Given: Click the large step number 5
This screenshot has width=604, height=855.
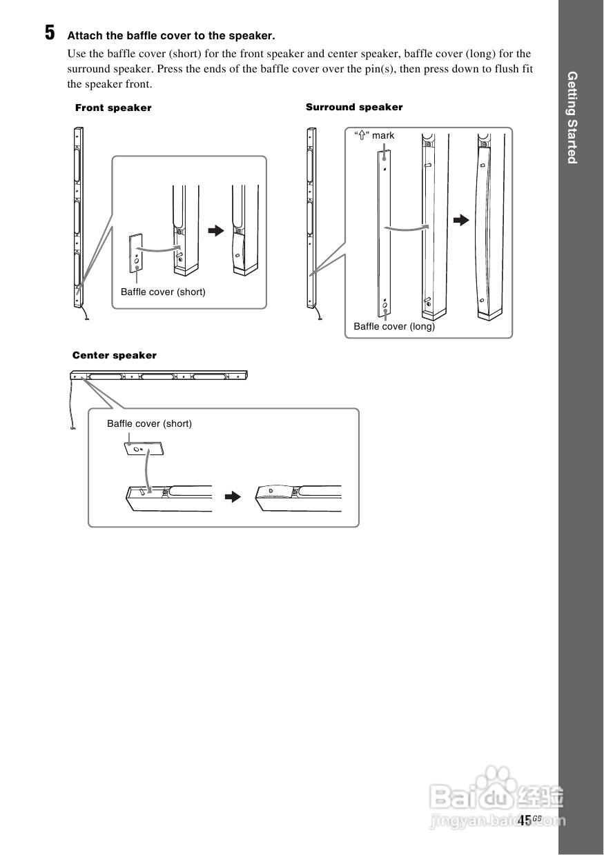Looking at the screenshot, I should point(50,33).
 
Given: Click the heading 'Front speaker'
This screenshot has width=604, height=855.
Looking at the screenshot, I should point(113,108).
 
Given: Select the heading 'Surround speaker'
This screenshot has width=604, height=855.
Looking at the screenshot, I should point(354,107).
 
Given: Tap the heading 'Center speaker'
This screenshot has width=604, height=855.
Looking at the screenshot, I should point(115,355).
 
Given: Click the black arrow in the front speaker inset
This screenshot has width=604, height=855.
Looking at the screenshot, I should point(217,230).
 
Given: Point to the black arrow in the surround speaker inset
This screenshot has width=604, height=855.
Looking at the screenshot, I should point(460,220).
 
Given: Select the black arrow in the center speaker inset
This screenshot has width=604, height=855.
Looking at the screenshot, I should point(235,496).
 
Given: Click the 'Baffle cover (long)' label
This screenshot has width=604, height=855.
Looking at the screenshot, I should point(394,326).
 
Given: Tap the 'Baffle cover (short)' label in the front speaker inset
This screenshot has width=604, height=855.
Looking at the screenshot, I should point(163,292).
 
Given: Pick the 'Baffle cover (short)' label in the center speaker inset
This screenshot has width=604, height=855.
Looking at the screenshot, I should point(149,423).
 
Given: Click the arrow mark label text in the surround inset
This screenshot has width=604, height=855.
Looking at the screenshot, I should point(374,135).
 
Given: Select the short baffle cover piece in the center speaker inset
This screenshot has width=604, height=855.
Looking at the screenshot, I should point(144,449).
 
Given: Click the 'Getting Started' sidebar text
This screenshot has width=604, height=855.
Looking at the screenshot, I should point(572,117).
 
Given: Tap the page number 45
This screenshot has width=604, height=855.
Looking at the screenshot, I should point(525,820).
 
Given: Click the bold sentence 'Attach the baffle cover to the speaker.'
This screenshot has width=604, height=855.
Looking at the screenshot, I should point(171,35).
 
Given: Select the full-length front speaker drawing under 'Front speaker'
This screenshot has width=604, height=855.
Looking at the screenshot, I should point(78,217).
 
